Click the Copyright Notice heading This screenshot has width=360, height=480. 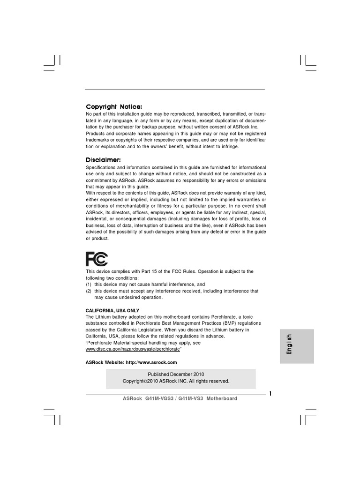pyautogui.click(x=113, y=107)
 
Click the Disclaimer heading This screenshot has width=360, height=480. pyautogui.click(x=103, y=160)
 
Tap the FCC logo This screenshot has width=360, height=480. pyautogui.click(x=97, y=259)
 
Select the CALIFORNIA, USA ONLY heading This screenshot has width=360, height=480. pyautogui.click(x=112, y=310)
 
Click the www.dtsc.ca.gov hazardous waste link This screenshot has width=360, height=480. pyautogui.click(x=133, y=350)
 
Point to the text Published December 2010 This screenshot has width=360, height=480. pyautogui.click(x=176, y=375)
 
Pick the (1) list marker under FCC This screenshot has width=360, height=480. pyautogui.click(x=89, y=285)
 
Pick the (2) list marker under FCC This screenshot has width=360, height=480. pyautogui.click(x=89, y=291)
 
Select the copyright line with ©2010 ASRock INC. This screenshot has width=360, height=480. pyautogui.click(x=176, y=381)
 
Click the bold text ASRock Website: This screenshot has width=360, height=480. pyautogui.click(x=105, y=362)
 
